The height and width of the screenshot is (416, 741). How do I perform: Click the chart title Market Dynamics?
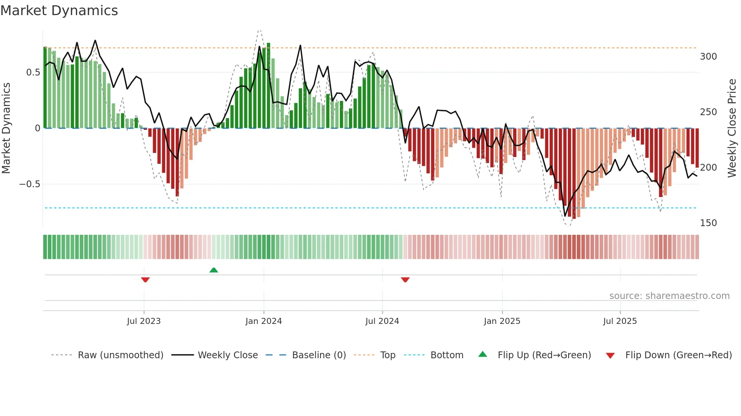click(x=59, y=11)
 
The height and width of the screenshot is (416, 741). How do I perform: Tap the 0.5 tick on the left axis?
click(x=33, y=72)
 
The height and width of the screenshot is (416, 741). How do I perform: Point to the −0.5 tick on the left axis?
click(x=29, y=184)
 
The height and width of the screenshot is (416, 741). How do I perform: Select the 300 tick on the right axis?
click(x=708, y=57)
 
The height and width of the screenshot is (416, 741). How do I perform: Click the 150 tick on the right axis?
click(x=708, y=223)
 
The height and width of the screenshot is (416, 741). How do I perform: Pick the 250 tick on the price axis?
click(x=708, y=112)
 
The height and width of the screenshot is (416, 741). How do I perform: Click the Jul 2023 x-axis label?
click(x=144, y=321)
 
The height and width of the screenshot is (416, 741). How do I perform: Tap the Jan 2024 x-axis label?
click(x=264, y=321)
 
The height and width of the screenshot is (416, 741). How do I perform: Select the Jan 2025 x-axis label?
click(x=502, y=321)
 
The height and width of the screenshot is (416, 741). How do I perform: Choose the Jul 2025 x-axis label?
click(x=620, y=321)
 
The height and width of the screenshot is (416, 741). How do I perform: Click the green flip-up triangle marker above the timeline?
click(x=214, y=270)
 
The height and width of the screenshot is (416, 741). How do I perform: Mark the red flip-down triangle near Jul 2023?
click(x=145, y=280)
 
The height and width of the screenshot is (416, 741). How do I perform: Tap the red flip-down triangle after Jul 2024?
click(x=405, y=280)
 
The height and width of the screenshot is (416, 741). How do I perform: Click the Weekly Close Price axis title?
click(x=732, y=128)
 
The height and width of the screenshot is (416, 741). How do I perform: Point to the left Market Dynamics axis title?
click(x=6, y=128)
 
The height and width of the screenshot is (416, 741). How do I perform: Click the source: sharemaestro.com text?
click(x=669, y=296)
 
